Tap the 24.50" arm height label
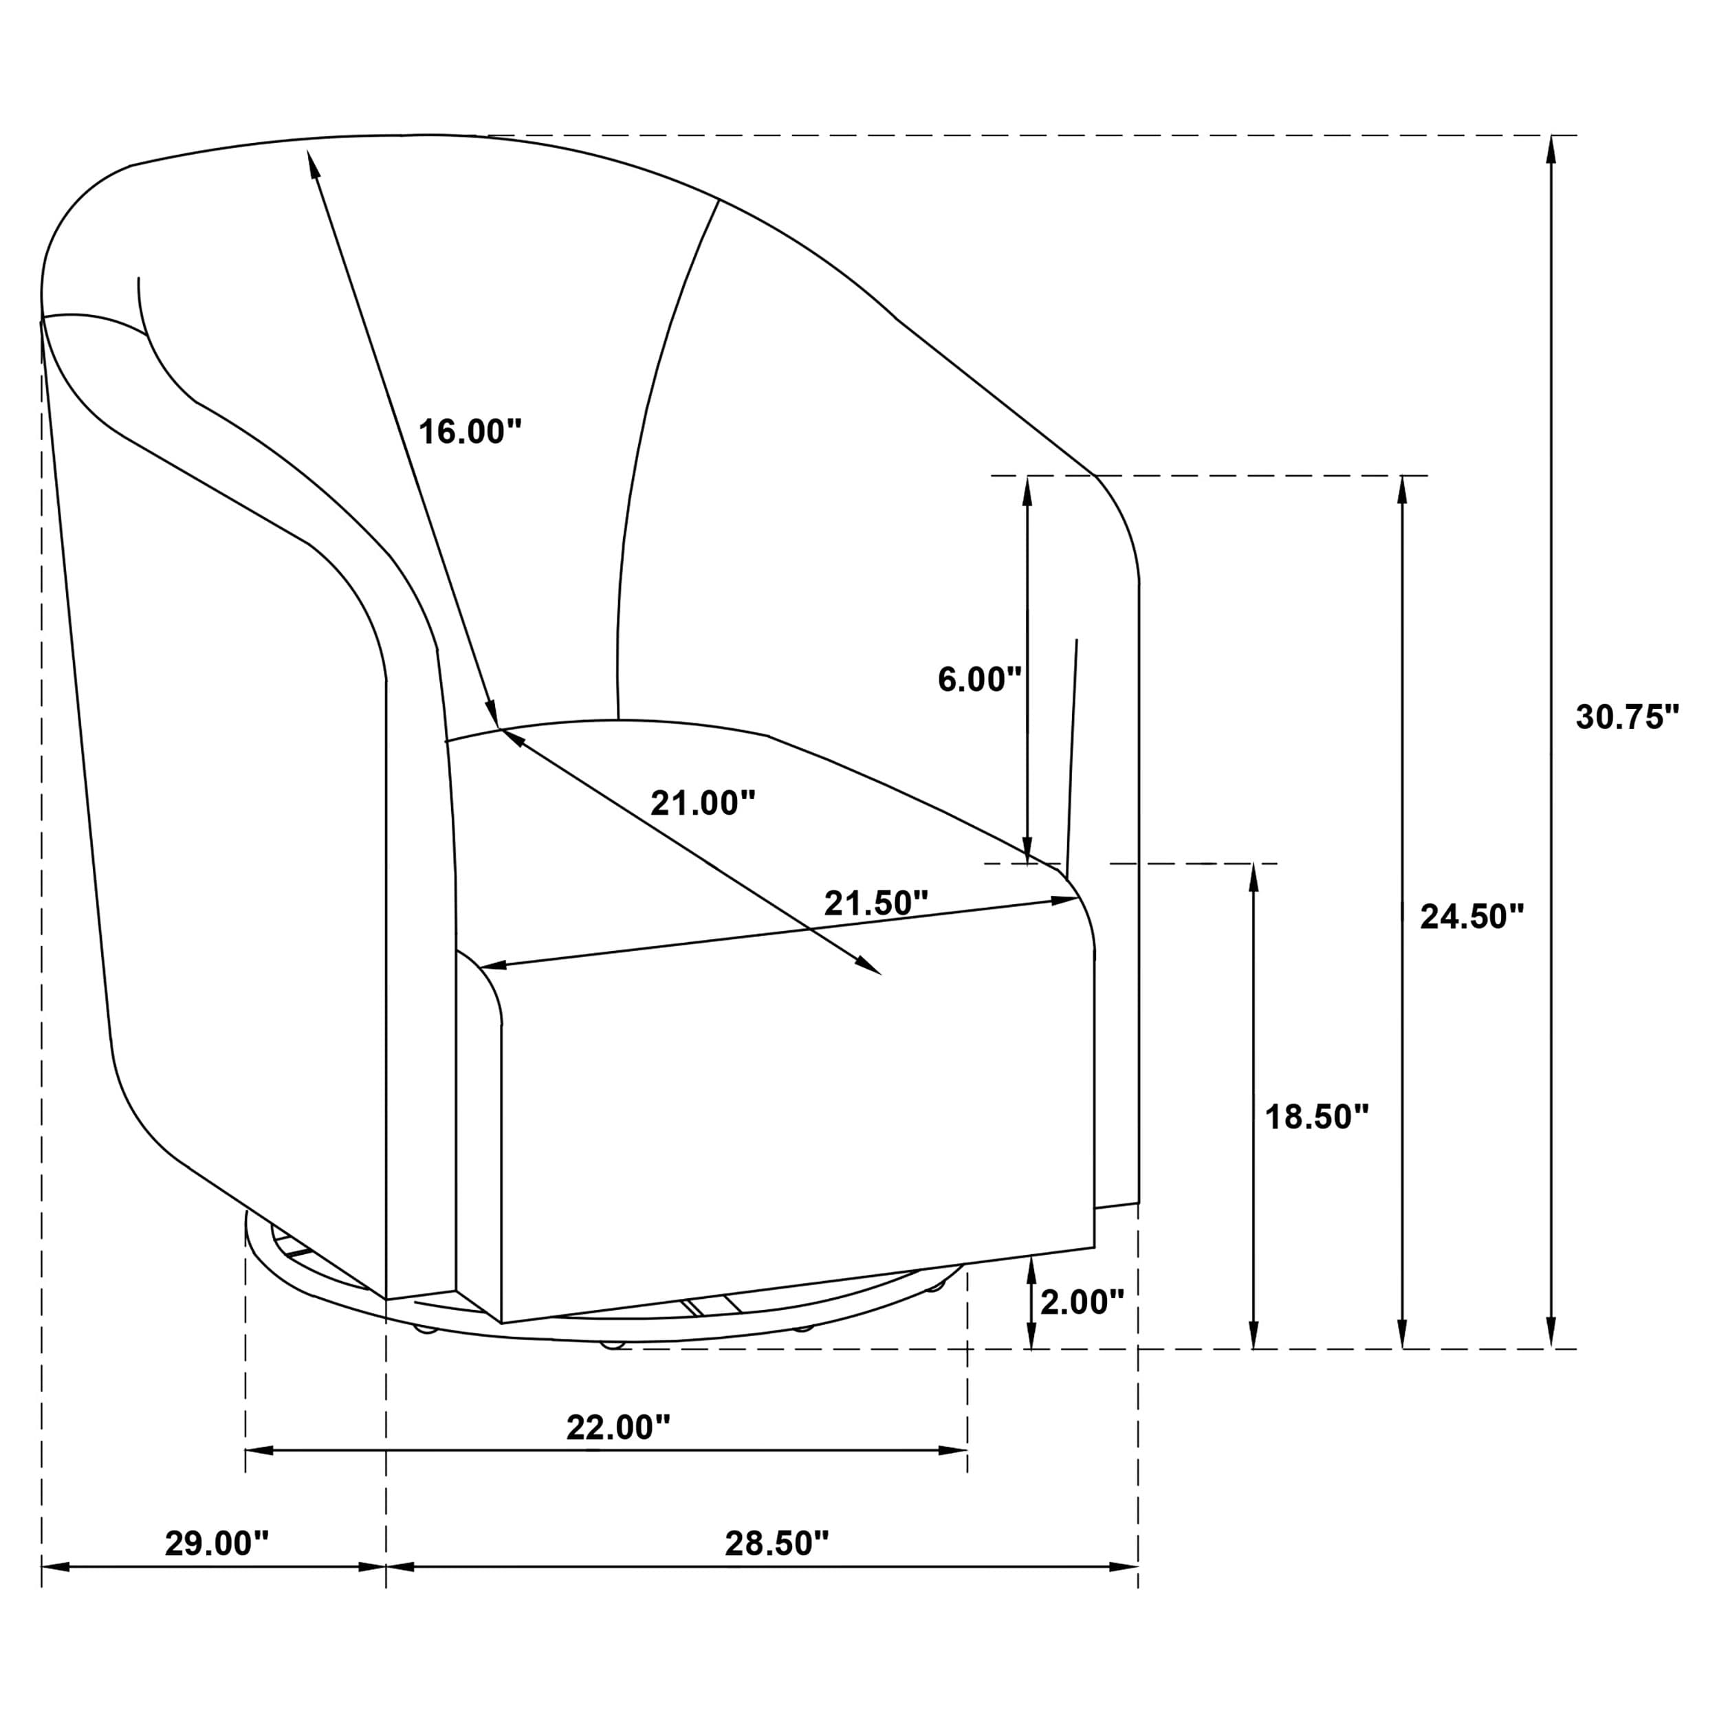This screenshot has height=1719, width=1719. [x=1471, y=916]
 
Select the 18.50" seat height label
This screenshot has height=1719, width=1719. [x=1316, y=1116]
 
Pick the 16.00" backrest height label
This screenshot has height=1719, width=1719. [x=470, y=432]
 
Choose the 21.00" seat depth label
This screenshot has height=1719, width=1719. [x=702, y=802]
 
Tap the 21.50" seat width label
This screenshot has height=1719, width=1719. [x=875, y=903]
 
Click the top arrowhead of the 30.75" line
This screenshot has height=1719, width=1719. [x=1551, y=148]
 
